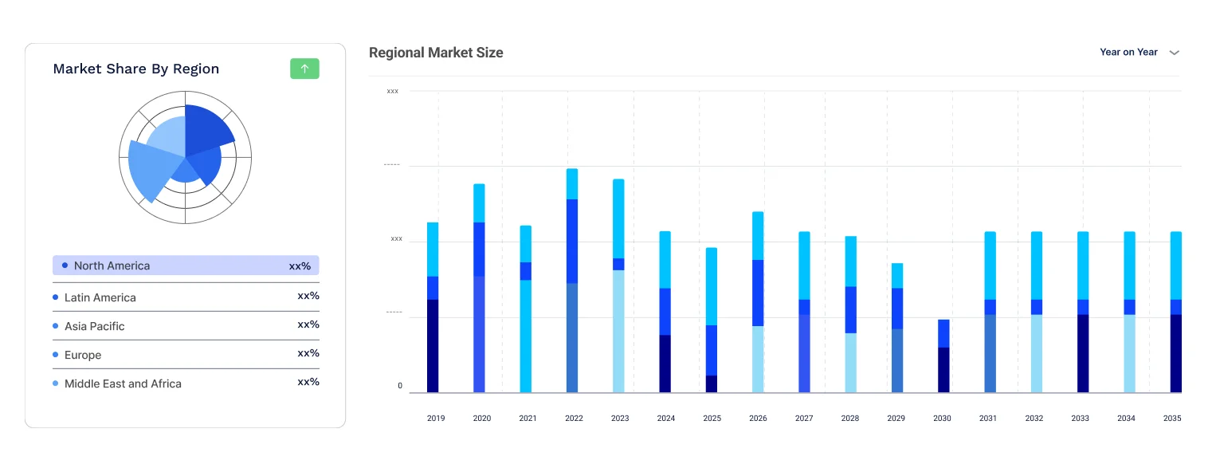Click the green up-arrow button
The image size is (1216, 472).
pos(304,69)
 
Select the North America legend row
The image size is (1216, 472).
pos(186,265)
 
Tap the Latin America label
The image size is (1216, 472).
pos(100,297)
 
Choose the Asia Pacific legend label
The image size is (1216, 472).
pos(95,326)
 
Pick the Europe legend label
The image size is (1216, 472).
pos(83,355)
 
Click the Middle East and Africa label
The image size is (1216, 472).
pos(123,383)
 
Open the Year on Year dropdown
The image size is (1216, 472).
pos(1139,53)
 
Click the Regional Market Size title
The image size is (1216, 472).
pos(436,53)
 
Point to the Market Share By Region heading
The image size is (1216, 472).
pos(136,69)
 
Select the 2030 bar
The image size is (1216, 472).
pos(943,356)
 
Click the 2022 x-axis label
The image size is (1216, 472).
pos(574,418)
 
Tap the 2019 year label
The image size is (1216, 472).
pos(436,418)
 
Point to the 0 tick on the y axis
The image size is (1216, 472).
pos(400,386)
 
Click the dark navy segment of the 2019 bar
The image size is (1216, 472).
pos(433,346)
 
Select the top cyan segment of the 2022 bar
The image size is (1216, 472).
pos(572,183)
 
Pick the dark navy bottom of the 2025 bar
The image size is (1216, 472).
pos(712,383)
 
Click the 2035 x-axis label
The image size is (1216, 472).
pos(1172,418)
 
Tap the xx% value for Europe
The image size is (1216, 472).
pos(308,353)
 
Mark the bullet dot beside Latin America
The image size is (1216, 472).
pos(56,297)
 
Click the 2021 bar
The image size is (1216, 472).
pos(526,311)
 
